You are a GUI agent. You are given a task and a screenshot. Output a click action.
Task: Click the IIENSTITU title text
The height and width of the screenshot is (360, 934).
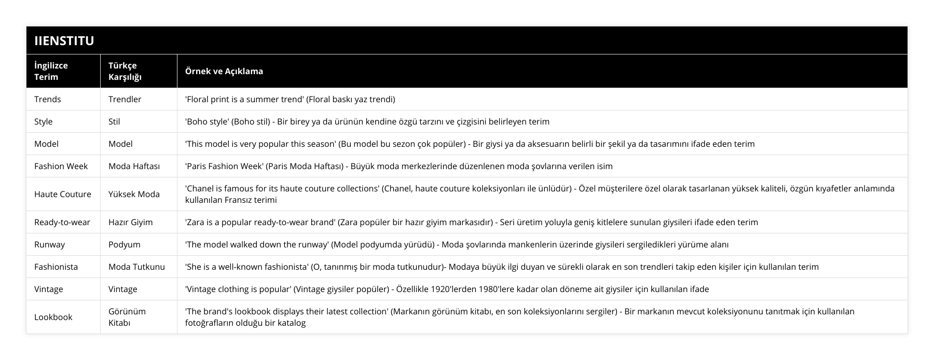64,40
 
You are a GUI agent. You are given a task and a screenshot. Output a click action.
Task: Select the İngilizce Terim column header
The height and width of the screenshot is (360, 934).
51,71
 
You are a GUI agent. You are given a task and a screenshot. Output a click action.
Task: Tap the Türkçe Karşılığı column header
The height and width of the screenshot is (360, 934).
125,71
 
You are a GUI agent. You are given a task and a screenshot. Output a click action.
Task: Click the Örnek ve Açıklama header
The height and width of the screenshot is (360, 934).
224,71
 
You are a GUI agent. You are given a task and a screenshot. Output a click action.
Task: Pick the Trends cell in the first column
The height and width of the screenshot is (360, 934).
47,99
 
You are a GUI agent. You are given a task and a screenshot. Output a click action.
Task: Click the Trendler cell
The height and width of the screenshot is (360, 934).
125,99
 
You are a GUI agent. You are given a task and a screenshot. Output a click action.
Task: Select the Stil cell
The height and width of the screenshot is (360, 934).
114,121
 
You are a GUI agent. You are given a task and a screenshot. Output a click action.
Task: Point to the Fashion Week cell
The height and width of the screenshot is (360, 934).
61,166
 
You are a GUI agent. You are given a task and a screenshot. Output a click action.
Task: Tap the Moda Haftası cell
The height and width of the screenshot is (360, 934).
134,166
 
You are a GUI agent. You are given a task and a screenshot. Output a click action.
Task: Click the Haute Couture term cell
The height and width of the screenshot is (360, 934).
62,194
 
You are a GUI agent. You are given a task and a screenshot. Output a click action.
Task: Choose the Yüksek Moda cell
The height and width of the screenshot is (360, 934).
134,194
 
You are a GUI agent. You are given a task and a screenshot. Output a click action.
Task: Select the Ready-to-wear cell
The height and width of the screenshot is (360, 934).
62,222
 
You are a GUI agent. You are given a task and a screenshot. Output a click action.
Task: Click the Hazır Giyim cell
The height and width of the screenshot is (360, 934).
130,222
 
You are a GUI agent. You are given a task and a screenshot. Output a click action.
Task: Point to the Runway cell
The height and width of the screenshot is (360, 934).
49,244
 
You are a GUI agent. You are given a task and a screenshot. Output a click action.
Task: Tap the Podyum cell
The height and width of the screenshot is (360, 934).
124,244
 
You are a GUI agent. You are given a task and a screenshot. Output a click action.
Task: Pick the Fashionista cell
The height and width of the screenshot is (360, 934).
56,267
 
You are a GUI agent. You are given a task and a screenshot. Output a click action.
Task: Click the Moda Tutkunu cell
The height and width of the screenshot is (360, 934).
136,267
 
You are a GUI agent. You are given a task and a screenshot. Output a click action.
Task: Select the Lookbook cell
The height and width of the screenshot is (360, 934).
53,317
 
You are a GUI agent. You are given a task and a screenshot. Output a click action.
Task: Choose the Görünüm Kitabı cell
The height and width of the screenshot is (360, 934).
127,317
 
